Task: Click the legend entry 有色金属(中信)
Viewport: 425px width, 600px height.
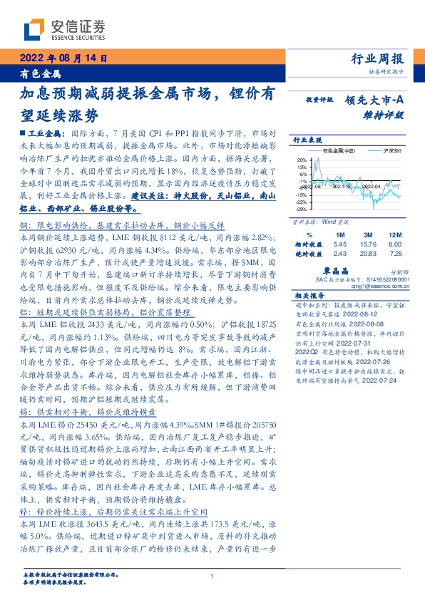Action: coord(339,152)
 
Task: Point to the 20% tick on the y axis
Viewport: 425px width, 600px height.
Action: coord(302,160)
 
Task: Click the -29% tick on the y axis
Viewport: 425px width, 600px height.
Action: coord(302,210)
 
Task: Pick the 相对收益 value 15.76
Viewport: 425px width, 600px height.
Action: coord(369,244)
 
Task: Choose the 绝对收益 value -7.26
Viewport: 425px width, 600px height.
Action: coord(396,254)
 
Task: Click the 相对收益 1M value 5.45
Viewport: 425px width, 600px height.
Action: coord(339,244)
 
